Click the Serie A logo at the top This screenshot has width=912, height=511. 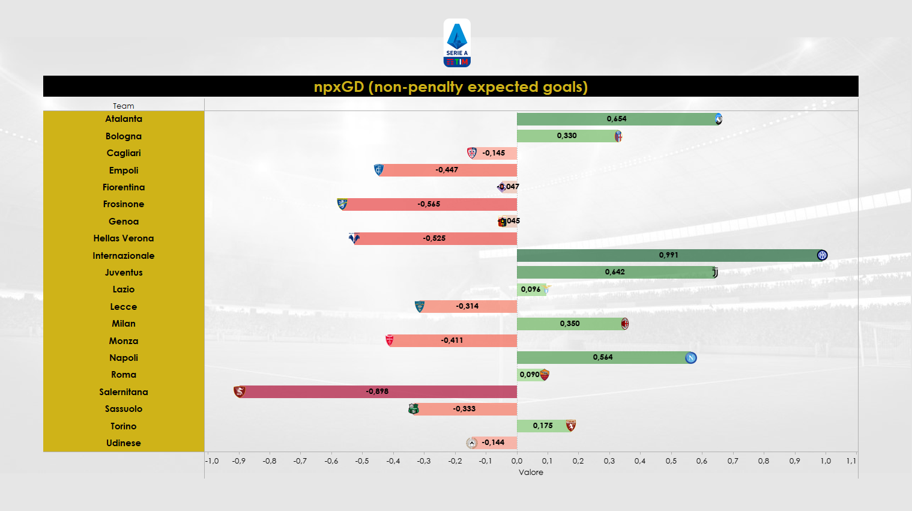click(x=457, y=43)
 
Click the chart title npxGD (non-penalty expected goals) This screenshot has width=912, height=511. click(x=450, y=86)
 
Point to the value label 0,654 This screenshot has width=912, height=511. click(x=616, y=119)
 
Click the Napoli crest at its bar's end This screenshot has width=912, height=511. click(x=690, y=358)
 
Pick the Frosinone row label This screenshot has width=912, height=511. click(x=123, y=204)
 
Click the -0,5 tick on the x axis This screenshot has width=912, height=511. click(x=362, y=461)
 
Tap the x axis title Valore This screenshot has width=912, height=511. click(x=531, y=473)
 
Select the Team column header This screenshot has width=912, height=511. click(x=123, y=106)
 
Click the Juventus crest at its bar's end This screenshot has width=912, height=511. click(x=714, y=273)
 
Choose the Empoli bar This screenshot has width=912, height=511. click(x=447, y=170)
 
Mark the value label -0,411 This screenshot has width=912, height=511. click(x=451, y=340)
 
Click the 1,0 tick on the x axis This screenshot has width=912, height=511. click(x=826, y=461)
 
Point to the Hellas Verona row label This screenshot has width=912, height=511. click(x=123, y=238)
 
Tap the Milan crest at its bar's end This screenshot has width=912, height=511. click(x=624, y=324)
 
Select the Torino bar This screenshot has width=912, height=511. click(x=543, y=426)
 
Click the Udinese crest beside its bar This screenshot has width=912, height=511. click(x=472, y=443)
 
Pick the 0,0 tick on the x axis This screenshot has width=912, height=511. click(x=517, y=461)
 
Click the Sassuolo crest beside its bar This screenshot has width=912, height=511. click(x=414, y=409)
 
